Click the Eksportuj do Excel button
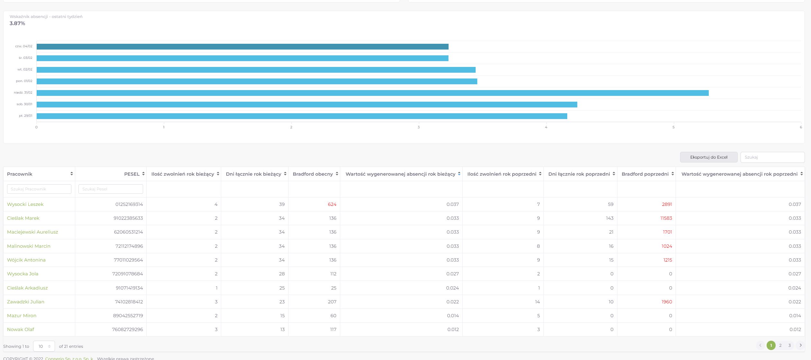tap(708, 157)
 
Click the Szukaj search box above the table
tap(772, 157)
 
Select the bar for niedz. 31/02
tap(372, 93)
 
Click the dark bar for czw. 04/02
tap(242, 47)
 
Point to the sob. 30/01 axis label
tap(24, 104)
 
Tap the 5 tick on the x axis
tap(673, 127)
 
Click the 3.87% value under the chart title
tap(17, 23)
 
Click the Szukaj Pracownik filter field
tap(39, 189)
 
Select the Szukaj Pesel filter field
tap(111, 189)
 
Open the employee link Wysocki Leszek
tap(25, 204)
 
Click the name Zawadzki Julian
tap(26, 302)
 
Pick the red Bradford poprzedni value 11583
tap(666, 218)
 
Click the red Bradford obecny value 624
tap(332, 204)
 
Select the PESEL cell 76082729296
tap(127, 329)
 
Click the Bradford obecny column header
tap(313, 174)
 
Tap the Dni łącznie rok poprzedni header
tap(579, 174)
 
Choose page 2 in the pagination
tap(780, 346)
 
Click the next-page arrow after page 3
tap(800, 346)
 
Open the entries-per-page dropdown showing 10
tap(44, 346)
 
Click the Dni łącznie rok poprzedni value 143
tap(609, 218)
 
